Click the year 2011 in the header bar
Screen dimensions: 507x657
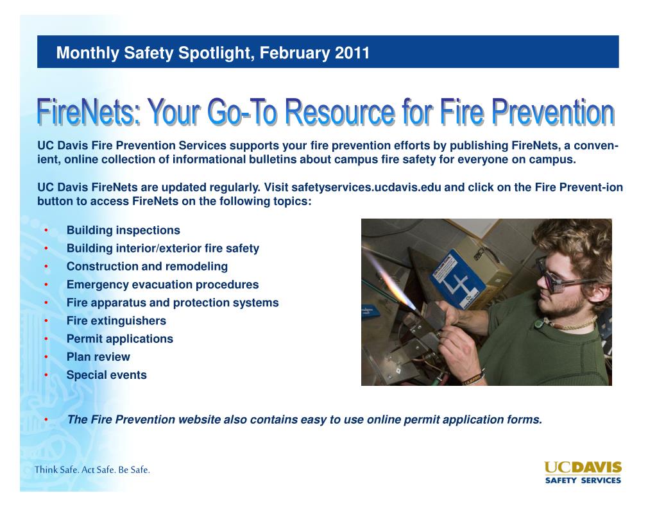[352, 53]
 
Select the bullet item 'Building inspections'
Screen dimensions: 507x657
[123, 230]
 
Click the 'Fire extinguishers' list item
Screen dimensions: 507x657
[116, 320]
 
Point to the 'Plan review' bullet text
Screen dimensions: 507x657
[98, 357]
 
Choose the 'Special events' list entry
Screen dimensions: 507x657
[107, 375]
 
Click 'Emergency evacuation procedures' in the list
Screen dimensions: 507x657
[162, 285]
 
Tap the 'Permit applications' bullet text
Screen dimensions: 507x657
[119, 338]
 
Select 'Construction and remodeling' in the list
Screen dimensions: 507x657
[147, 267]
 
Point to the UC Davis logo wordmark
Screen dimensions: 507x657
[583, 467]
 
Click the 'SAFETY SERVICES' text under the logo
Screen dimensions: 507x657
[583, 480]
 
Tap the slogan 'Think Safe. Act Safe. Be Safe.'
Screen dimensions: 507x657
[92, 470]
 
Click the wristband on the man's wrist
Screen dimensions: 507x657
[472, 378]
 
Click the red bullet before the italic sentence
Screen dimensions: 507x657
[47, 420]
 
